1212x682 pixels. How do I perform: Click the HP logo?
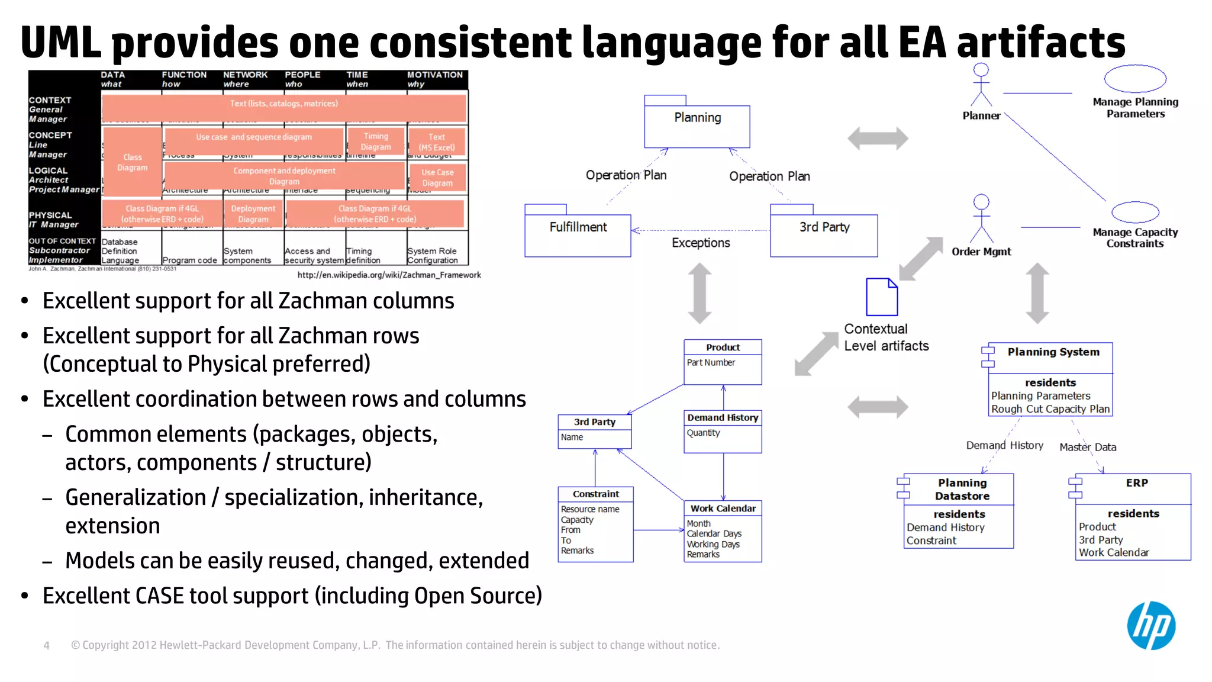(x=1150, y=626)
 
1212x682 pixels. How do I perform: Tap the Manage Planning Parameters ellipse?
(x=1134, y=79)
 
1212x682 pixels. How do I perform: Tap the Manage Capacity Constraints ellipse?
(x=1134, y=212)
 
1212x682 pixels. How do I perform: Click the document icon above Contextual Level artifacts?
(x=881, y=297)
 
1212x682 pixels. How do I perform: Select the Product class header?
(x=723, y=348)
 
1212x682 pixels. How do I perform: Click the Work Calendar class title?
(x=723, y=509)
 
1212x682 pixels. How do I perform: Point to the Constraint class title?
(x=595, y=494)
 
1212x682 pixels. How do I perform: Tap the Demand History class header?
(x=723, y=418)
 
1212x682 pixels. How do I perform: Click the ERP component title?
(x=1136, y=483)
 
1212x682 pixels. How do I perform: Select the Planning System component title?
(x=1053, y=352)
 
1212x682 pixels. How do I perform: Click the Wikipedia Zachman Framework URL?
(x=389, y=275)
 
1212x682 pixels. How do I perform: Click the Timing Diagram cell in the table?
(x=376, y=141)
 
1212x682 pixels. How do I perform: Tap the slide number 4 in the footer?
(x=46, y=645)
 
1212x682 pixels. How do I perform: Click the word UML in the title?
(x=60, y=43)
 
